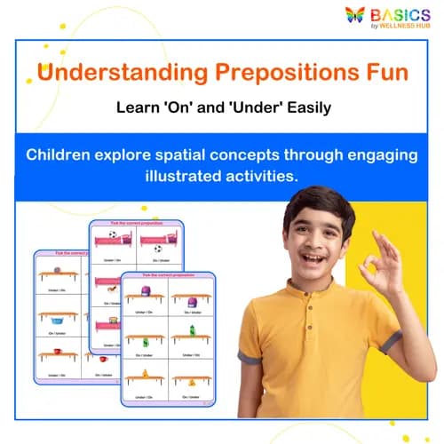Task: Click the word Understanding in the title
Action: coord(115,70)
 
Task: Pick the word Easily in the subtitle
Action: coord(302,108)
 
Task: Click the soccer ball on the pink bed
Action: coord(112,236)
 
